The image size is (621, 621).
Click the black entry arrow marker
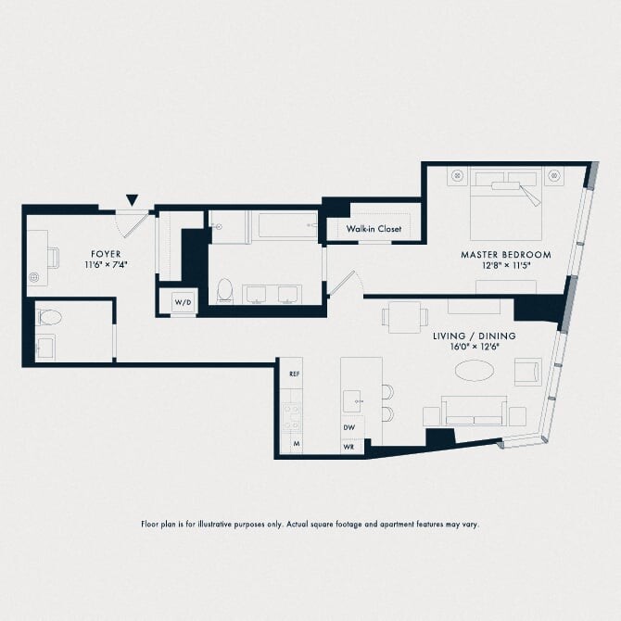(133, 200)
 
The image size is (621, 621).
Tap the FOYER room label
(106, 254)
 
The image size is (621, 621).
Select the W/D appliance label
(183, 302)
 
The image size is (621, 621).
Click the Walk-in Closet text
(374, 229)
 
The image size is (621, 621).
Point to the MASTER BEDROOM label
(506, 255)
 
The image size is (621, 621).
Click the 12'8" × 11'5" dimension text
(506, 265)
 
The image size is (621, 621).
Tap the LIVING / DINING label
(475, 336)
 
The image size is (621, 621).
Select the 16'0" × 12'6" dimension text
(475, 347)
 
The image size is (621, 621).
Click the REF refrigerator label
(294, 374)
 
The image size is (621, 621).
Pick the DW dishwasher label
(349, 427)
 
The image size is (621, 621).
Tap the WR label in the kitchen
(349, 447)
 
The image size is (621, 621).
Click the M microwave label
(297, 444)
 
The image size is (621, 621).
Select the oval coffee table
(474, 371)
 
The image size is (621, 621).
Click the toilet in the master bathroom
(225, 291)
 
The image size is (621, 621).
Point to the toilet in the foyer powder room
(49, 317)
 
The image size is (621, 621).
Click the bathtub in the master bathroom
(285, 226)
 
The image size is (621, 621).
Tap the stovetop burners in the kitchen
(291, 417)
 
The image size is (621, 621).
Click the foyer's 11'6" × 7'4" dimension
(106, 265)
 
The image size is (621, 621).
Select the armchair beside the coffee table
(528, 373)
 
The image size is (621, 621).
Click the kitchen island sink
(352, 401)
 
